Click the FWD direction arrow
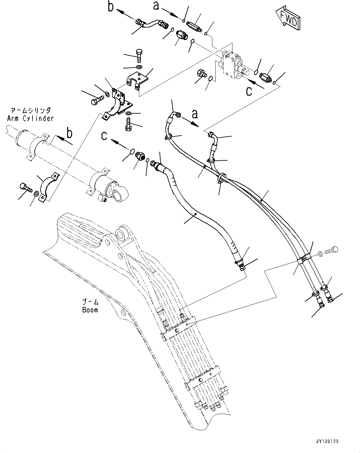288,20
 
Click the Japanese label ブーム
90,302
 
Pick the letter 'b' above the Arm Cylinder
70,134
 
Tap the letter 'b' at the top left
111,7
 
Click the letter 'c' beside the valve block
249,91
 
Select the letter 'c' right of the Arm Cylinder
105,136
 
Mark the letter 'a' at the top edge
157,5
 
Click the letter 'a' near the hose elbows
195,114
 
